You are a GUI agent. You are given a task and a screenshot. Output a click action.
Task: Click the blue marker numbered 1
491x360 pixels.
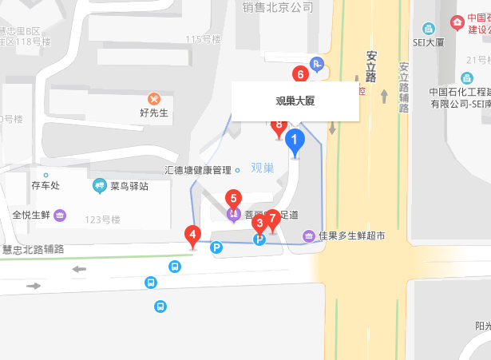click(295, 143)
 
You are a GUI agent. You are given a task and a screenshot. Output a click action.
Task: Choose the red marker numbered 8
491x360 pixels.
click(278, 125)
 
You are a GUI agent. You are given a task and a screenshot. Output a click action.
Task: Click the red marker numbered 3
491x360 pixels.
click(259, 224)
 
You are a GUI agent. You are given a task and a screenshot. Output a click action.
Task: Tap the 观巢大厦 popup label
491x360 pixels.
click(295, 101)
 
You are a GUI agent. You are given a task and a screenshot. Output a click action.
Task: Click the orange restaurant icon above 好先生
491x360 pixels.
click(154, 98)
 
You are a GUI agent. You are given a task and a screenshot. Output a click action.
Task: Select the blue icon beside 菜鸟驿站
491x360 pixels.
click(100, 186)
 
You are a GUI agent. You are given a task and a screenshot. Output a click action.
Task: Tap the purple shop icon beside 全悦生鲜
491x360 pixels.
click(60, 215)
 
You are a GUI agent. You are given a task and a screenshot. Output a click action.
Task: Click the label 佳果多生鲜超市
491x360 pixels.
click(351, 235)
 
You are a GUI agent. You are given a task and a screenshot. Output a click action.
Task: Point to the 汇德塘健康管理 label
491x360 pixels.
click(197, 170)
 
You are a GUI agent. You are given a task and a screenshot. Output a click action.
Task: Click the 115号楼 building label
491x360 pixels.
click(202, 39)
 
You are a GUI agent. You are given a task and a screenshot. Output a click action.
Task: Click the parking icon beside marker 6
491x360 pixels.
click(317, 65)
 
